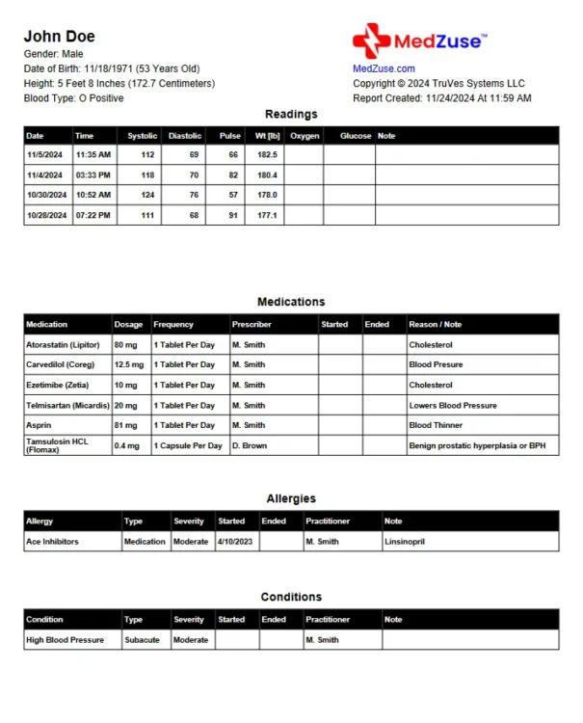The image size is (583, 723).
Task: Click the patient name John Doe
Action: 59,37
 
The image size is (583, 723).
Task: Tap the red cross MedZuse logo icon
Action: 371,41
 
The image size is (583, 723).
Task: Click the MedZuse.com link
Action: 384,68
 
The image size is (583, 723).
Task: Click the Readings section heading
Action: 291,114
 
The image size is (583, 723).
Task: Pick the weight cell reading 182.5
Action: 266,154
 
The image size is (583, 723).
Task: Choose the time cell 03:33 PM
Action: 93,174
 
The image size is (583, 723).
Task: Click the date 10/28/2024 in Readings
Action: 46,215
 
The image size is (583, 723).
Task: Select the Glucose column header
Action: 356,136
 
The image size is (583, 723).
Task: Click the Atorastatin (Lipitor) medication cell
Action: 65,344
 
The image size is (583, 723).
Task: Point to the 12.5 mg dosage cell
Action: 129,364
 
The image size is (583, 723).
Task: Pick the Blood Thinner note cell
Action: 436,425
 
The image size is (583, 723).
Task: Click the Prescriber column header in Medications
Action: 252,324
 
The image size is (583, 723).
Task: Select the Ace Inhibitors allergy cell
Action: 53,542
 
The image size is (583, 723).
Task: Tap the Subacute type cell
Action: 143,640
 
